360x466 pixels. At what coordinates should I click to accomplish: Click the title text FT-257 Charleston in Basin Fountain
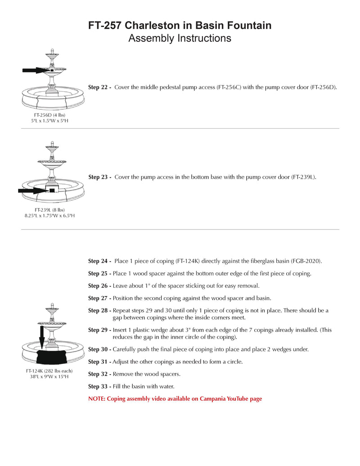[x=180, y=26]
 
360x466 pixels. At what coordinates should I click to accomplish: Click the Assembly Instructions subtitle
[x=180, y=38]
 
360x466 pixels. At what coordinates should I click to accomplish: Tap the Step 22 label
[x=99, y=87]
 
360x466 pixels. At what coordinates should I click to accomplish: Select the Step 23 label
[x=99, y=177]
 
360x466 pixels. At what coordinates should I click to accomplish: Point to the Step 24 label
[x=99, y=261]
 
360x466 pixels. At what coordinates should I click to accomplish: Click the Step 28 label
[x=99, y=311]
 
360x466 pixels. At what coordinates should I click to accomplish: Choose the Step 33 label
[x=99, y=386]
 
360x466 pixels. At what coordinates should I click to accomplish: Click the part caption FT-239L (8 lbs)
[x=49, y=210]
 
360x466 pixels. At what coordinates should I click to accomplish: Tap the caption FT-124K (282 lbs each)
[x=49, y=371]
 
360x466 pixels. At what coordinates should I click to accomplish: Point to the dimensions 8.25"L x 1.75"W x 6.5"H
[x=49, y=216]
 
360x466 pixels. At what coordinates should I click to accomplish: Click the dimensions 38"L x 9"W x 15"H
[x=49, y=376]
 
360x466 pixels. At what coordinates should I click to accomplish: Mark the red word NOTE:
[x=97, y=399]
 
